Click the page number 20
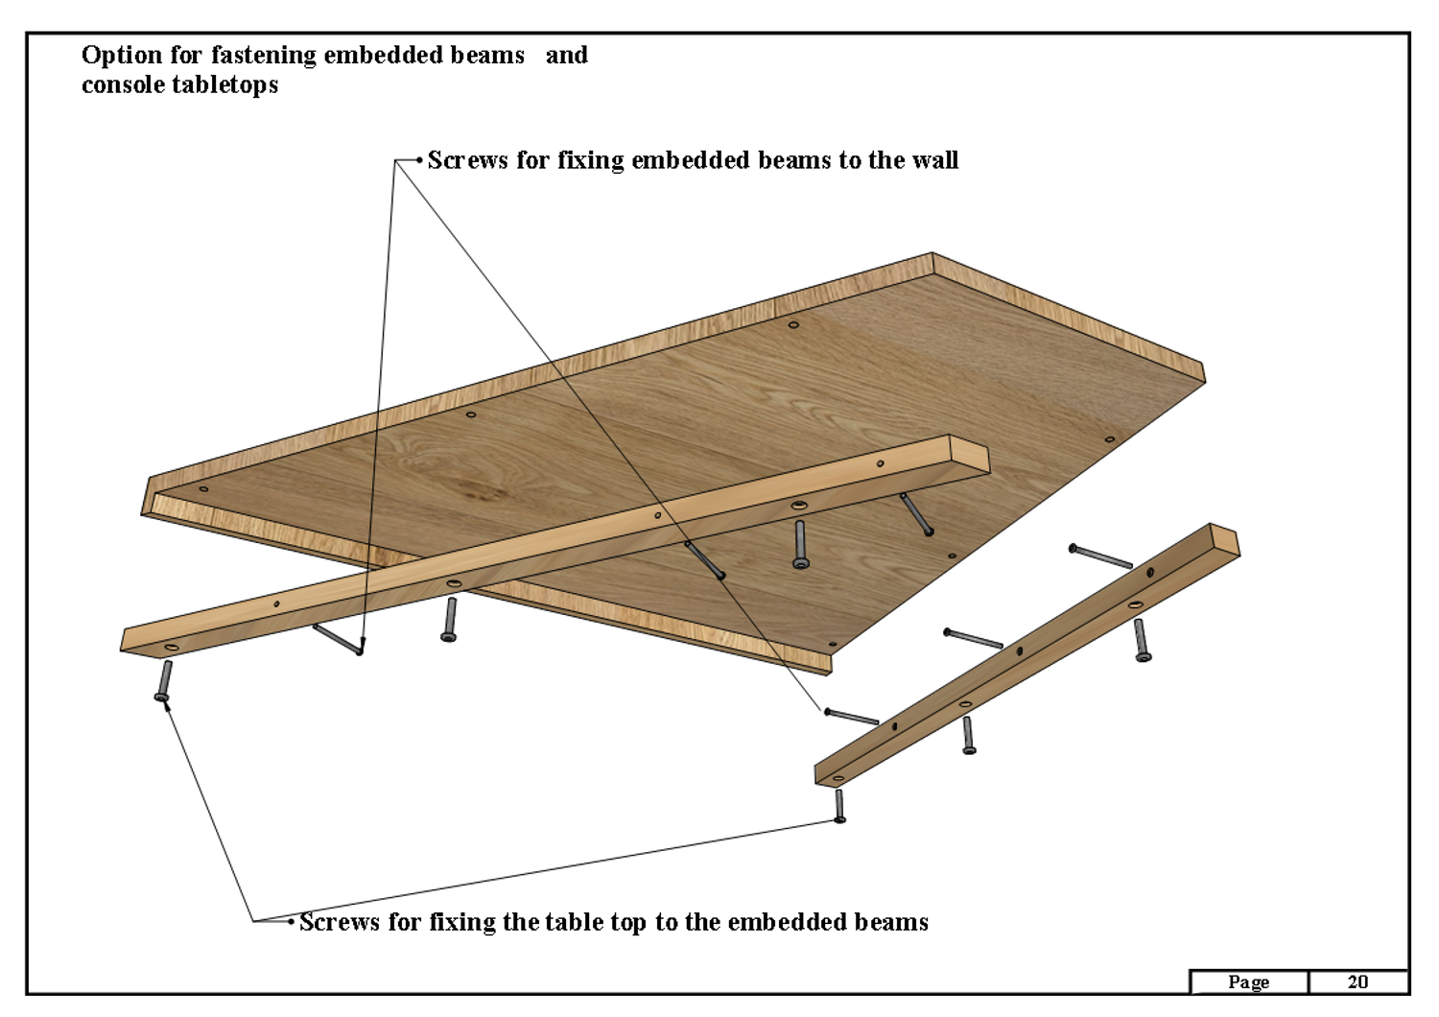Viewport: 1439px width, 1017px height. point(1357,982)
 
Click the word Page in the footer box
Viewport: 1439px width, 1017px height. point(1248,983)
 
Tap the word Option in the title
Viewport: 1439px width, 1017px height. point(122,57)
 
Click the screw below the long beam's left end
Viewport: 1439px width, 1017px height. point(164,680)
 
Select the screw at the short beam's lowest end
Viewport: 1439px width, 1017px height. point(839,806)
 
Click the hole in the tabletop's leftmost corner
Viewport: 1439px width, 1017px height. point(203,489)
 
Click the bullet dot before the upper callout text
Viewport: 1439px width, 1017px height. point(420,160)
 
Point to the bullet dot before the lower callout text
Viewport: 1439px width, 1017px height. point(291,922)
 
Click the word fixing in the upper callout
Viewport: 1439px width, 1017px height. point(590,160)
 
